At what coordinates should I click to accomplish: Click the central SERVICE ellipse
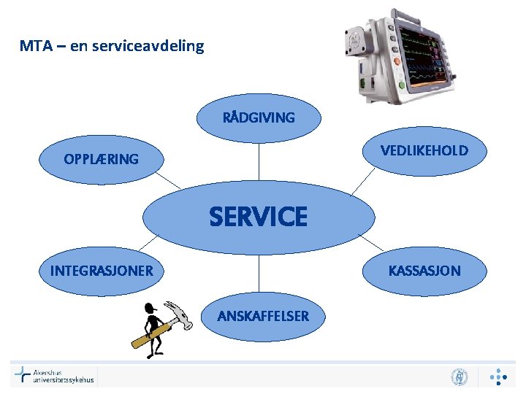pyautogui.click(x=258, y=217)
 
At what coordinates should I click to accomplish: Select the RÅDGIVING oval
pyautogui.click(x=259, y=117)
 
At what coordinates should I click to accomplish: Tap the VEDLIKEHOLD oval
pyautogui.click(x=424, y=151)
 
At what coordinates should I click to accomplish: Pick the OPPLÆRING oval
pyautogui.click(x=101, y=159)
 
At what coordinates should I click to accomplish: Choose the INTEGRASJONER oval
pyautogui.click(x=102, y=271)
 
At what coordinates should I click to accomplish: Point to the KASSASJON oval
pyautogui.click(x=424, y=271)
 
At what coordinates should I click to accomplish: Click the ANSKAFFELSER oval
pyautogui.click(x=262, y=316)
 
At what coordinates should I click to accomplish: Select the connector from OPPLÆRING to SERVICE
pyautogui.click(x=167, y=179)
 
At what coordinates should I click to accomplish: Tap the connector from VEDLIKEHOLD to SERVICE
pyautogui.click(x=361, y=182)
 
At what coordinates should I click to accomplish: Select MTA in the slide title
pyautogui.click(x=34, y=47)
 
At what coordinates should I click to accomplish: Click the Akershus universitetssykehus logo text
pyautogui.click(x=62, y=376)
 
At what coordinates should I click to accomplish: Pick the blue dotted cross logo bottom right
pyautogui.click(x=498, y=376)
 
